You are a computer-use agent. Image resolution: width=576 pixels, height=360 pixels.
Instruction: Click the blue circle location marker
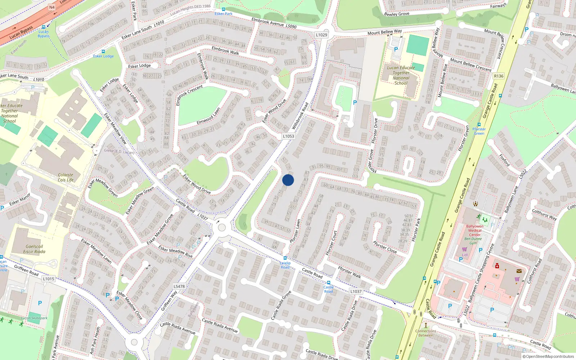coord(288,180)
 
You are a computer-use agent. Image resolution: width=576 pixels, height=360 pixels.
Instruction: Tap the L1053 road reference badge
coord(288,136)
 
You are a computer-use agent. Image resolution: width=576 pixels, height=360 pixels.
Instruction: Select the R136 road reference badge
coord(499,76)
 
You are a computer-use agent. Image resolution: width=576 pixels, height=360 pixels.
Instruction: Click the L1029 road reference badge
coord(321,35)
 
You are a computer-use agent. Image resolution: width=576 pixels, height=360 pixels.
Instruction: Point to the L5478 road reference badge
coord(179,287)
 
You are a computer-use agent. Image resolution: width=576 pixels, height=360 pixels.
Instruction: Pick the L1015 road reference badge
coord(48,279)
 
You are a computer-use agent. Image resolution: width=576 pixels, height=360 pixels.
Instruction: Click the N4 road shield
coord(52,7)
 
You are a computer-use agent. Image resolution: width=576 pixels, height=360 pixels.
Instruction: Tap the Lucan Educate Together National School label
coord(401,75)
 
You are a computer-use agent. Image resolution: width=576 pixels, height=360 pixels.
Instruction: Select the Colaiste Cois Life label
coord(66,177)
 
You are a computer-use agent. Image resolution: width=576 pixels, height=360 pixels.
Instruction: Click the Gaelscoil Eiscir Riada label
coord(34,249)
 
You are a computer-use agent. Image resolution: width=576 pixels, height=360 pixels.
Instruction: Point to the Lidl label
coord(465,255)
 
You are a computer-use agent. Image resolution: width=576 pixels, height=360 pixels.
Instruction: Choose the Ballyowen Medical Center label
coord(474,230)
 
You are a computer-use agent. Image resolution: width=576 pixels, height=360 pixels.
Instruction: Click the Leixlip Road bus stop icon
coord(285,258)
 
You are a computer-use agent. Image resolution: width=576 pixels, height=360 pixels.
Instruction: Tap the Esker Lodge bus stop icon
coord(103,51)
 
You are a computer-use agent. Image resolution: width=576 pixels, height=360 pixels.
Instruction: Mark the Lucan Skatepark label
coord(34,318)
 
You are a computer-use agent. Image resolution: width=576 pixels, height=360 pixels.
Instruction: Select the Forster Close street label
coord(385,247)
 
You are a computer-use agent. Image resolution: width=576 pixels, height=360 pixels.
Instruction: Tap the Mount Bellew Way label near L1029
coord(384,32)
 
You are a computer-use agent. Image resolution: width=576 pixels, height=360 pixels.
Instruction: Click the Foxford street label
coord(504,160)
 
